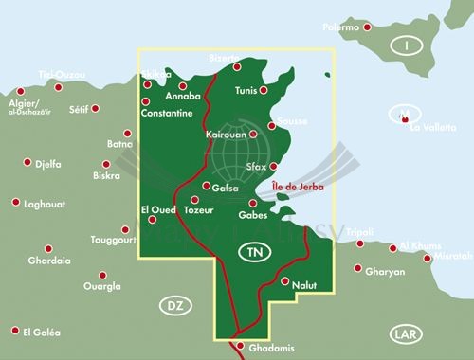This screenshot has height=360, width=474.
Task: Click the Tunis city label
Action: tap(246, 91)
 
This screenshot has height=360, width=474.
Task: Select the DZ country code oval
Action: tap(173, 305)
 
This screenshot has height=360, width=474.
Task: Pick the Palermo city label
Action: tap(339, 27)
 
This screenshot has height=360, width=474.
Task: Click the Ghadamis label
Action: tap(268, 349)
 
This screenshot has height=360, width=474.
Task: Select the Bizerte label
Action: tap(225, 58)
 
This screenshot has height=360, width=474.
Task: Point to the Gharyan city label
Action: tap(385, 271)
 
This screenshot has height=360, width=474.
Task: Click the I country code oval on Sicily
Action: tap(409, 45)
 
